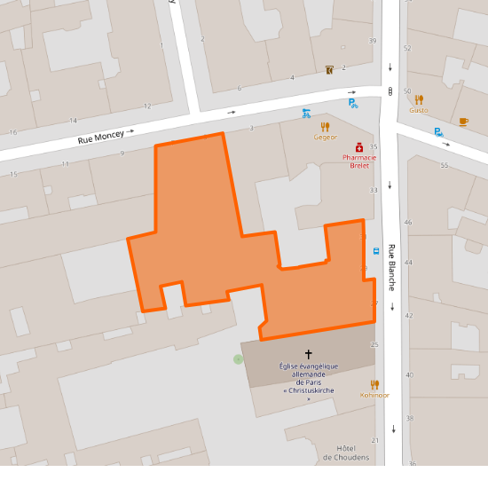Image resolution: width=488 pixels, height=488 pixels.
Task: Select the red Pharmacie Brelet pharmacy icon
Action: [x=359, y=146]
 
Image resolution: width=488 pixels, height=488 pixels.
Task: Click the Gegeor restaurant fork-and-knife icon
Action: [x=325, y=127]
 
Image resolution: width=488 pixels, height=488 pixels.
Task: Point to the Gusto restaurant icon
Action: [x=419, y=99]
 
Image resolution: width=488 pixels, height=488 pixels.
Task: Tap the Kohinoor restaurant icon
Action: [x=374, y=384]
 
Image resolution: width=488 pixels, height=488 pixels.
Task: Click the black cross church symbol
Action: [x=308, y=353]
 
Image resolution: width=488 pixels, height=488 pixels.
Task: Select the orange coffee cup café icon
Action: [x=463, y=121]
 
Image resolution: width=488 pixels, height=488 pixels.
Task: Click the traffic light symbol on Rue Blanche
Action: [x=390, y=91]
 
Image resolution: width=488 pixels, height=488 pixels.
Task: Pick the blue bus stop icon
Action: [x=377, y=250]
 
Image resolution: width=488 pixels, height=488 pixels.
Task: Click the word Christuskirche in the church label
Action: [x=309, y=390]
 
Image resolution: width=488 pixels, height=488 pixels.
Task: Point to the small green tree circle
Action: [x=238, y=358]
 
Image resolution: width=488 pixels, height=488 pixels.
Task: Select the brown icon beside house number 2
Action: [x=330, y=68]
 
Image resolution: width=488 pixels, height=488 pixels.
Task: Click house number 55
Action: [x=444, y=166]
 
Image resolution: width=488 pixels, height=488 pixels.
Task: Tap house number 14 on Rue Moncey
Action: [x=73, y=121]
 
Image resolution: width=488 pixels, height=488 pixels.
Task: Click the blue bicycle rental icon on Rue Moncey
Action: [x=306, y=114]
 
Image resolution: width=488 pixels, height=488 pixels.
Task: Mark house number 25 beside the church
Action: [x=374, y=344]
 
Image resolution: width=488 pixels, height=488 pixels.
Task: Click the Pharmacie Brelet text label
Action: [x=359, y=161]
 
